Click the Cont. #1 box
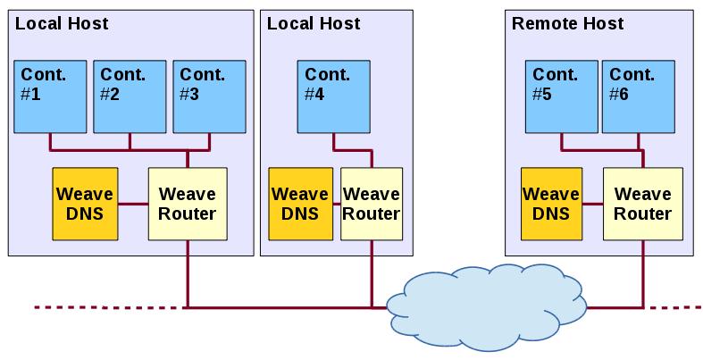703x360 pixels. point(50,96)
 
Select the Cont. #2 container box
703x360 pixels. point(130,96)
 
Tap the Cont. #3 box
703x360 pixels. point(208,96)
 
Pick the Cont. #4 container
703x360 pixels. point(332,96)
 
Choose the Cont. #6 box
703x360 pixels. point(638,96)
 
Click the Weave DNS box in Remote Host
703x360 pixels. point(550,204)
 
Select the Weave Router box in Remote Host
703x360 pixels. point(642,204)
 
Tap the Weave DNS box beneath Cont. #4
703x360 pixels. point(299,204)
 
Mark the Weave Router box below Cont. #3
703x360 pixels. point(187,204)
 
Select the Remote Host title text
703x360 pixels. point(567,23)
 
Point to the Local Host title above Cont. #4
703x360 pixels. point(314,23)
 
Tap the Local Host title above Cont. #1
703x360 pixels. point(62,23)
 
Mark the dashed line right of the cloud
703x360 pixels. point(677,307)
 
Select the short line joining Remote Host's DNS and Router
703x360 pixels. point(591,204)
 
